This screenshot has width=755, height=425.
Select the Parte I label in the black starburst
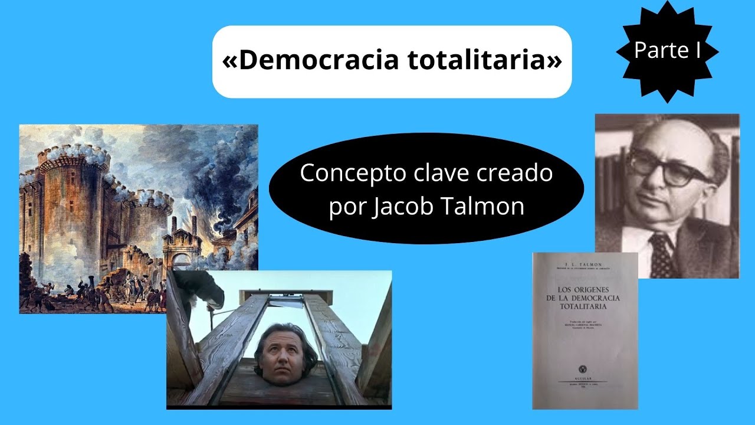pos(667,51)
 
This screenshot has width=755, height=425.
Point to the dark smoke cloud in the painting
pos(215,177)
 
